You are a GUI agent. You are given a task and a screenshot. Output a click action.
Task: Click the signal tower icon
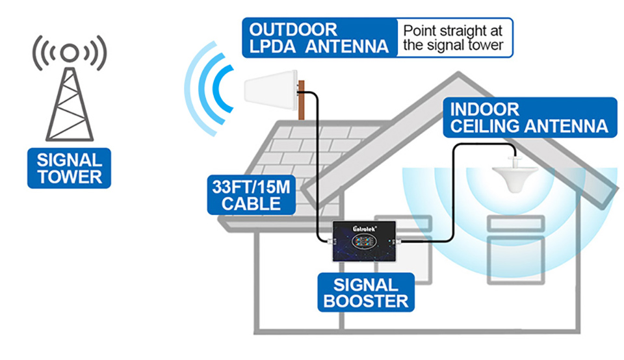click(x=70, y=97)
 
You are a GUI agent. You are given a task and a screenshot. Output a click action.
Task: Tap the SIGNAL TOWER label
click(x=69, y=168)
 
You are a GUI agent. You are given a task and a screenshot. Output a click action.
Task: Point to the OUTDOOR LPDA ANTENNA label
click(x=319, y=38)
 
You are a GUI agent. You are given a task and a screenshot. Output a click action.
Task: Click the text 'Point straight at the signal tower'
click(x=454, y=38)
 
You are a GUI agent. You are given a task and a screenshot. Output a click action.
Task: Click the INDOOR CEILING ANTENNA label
click(x=529, y=117)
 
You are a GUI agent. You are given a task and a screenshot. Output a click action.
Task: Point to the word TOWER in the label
click(x=69, y=177)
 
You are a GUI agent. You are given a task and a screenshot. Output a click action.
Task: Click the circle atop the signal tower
click(x=70, y=52)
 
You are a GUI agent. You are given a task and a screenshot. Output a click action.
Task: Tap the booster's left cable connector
click(x=330, y=243)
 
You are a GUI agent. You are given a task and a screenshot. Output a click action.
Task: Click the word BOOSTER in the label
click(x=366, y=302)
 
